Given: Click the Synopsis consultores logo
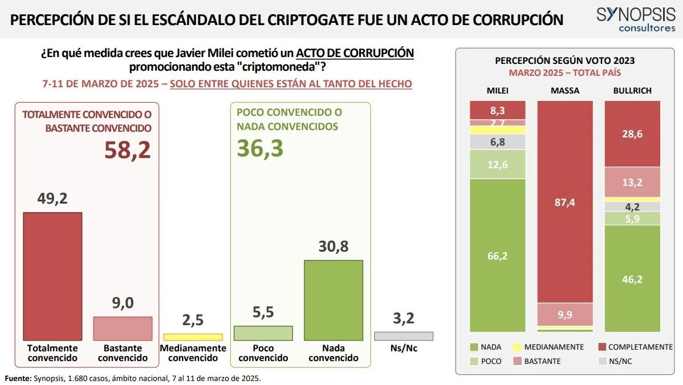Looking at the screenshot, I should tap(635, 20).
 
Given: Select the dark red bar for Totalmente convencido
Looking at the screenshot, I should tap(52, 276).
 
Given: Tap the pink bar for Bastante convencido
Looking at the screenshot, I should tap(123, 328).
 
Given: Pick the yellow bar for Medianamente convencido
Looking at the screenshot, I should tap(193, 337).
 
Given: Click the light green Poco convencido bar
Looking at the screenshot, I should tap(263, 333).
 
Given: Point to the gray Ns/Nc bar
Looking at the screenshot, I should tap(404, 336).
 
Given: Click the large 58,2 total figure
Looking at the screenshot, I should tap(127, 149).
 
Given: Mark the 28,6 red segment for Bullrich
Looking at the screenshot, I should tap(632, 133).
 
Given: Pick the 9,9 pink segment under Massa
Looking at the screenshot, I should tap(565, 314).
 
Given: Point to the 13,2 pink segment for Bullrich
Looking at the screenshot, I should tap(632, 182).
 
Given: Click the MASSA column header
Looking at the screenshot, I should tap(565, 91).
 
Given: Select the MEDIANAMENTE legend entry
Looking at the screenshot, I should tap(548, 347).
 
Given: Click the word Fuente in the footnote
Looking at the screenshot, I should tap(18, 378).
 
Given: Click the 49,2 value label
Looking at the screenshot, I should tap(52, 200).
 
